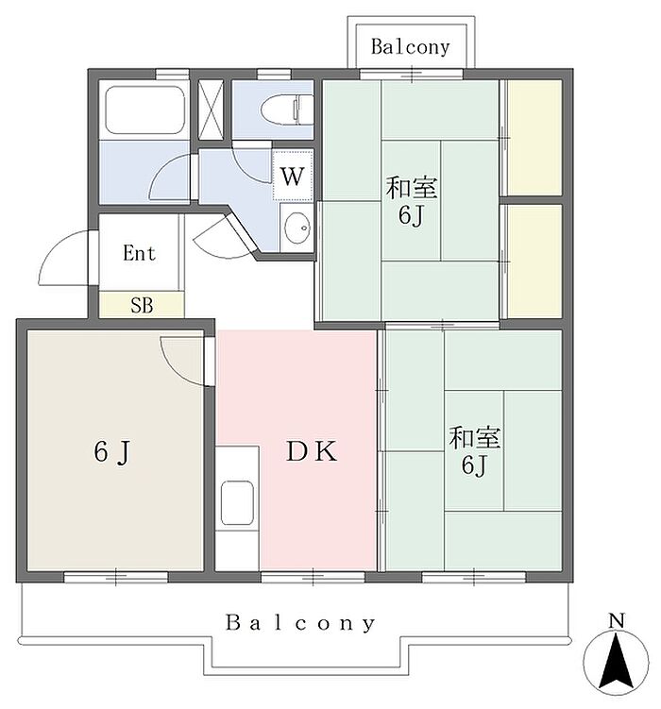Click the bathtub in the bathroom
pos(144,110)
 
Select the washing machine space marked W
pos(293,176)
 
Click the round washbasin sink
pos(297,228)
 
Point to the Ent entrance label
pos(139,253)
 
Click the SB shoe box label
pos(142,306)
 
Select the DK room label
pos(312,451)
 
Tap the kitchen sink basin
pos(237,503)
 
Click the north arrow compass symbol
pos(616,662)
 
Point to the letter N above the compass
pos(617,620)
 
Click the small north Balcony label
pos(411,46)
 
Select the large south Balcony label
pos(300,623)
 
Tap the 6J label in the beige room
pos(112,451)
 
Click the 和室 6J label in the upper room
pos(412,202)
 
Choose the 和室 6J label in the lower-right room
pos(474,451)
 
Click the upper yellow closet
pos(534,138)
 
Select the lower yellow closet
pos(534,261)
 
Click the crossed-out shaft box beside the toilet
pos(212,110)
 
